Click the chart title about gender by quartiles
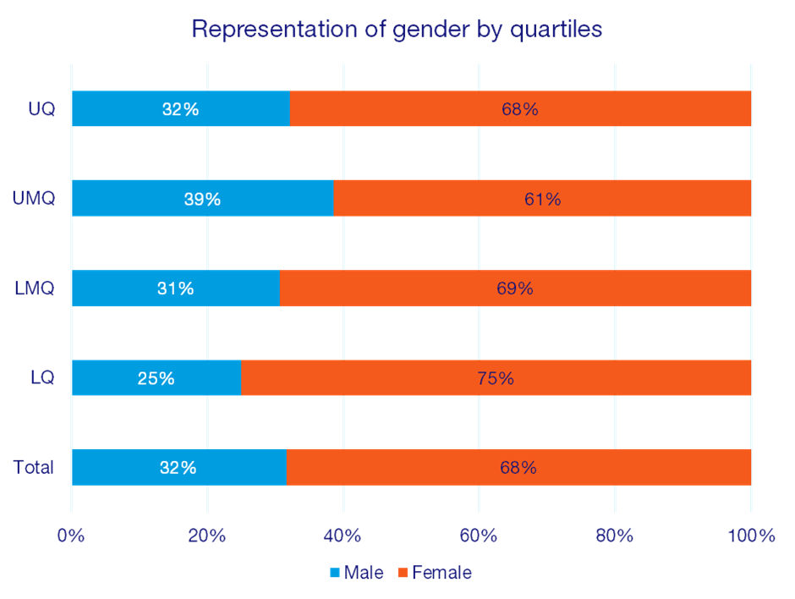tap(397, 30)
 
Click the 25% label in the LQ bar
tap(156, 378)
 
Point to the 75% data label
tap(495, 378)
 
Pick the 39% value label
tap(202, 199)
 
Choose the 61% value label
tap(542, 199)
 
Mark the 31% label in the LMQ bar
tap(175, 289)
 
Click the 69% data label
tap(515, 289)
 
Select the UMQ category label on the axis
tap(35, 199)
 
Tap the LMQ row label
tap(35, 289)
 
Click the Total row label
tap(34, 467)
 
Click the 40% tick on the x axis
tap(343, 536)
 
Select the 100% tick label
tap(750, 536)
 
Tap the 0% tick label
tap(72, 536)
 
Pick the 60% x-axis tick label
tap(479, 536)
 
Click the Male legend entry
tap(357, 573)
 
